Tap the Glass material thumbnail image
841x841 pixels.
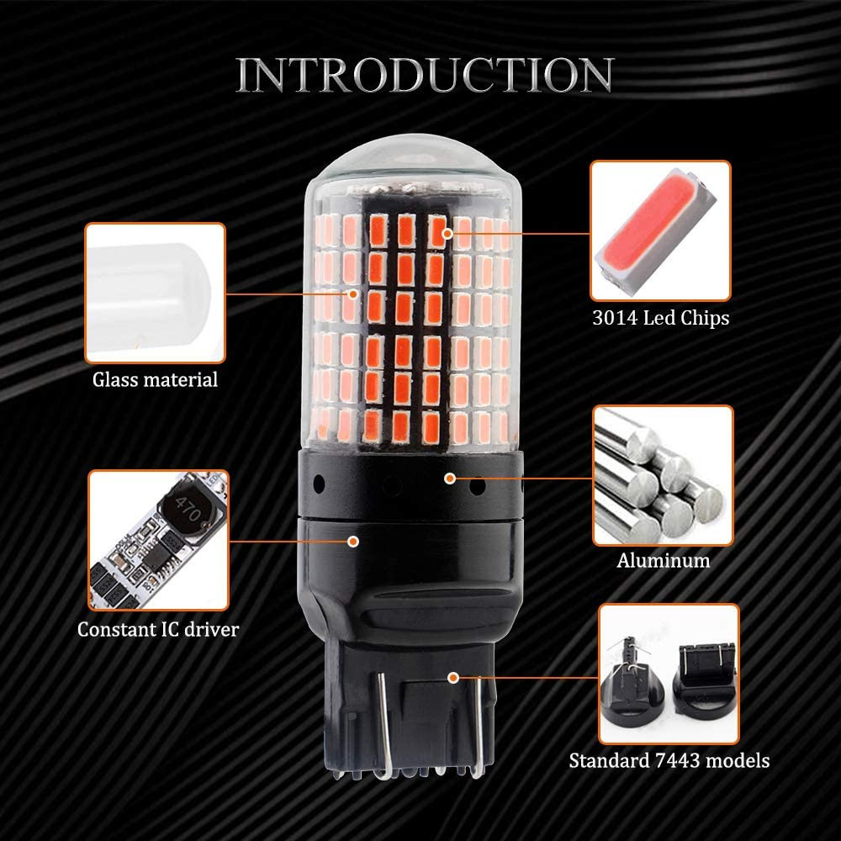[156, 293]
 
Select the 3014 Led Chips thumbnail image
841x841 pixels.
[660, 231]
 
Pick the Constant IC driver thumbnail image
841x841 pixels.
[157, 540]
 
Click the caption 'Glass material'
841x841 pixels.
[155, 379]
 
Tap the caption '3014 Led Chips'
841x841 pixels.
[659, 319]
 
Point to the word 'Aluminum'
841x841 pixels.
[663, 560]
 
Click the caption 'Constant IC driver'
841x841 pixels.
[157, 629]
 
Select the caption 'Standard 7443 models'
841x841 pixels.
[669, 761]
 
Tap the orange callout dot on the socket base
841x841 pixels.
[453, 676]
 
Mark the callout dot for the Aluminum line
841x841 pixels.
[450, 478]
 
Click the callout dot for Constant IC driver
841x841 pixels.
[354, 540]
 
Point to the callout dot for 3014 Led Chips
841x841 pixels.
[448, 232]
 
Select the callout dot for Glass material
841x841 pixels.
[354, 294]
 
